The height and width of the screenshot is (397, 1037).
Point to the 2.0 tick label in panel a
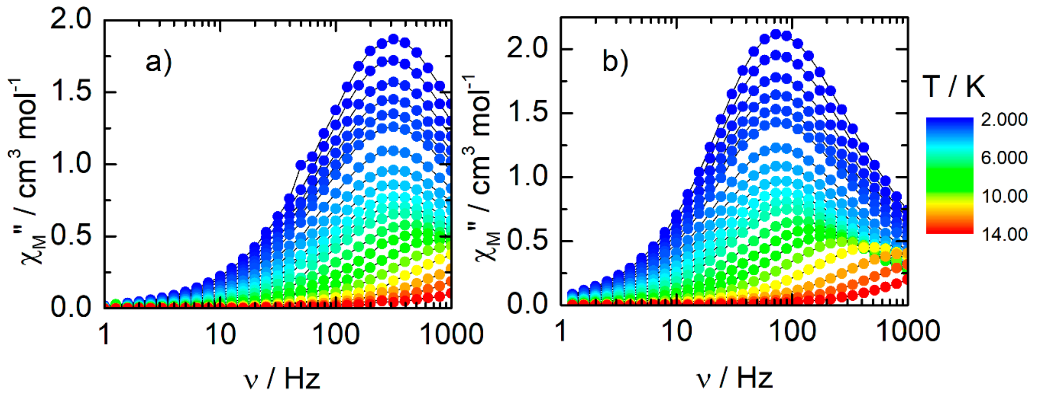71,19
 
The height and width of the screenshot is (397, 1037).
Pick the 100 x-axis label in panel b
792,332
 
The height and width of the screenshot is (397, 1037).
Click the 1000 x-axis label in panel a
451,334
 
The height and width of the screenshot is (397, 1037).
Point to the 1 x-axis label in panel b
561,332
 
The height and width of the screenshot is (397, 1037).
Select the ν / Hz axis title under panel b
735,378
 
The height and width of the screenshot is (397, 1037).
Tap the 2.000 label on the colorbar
1004,120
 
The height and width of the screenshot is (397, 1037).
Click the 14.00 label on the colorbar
1004,234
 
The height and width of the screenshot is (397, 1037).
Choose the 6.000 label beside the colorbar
1004,158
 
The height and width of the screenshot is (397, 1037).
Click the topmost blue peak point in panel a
393,39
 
